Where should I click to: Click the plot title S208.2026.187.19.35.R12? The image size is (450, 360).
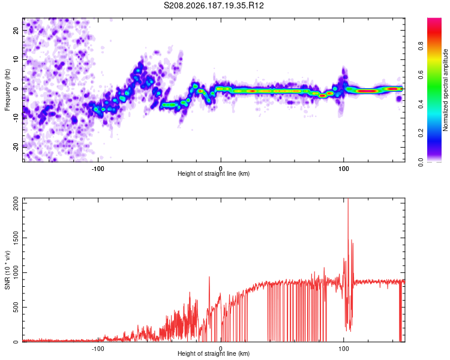pyautogui.click(x=214, y=5)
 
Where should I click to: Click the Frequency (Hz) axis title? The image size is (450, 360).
pyautogui.click(x=7, y=90)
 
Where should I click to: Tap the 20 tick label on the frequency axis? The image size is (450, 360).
pyautogui.click(x=16, y=31)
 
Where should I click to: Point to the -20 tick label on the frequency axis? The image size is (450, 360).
pyautogui.click(x=16, y=147)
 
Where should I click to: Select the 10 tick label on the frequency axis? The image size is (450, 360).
pyautogui.click(x=16, y=60)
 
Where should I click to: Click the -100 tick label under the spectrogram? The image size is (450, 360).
pyautogui.click(x=98, y=169)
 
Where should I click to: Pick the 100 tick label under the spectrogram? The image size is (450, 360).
pyautogui.click(x=344, y=169)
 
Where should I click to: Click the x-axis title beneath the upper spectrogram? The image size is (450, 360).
pyautogui.click(x=214, y=173)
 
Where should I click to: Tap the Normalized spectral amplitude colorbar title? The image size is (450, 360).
pyautogui.click(x=445, y=90)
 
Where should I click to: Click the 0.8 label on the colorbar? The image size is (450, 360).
pyautogui.click(x=421, y=46)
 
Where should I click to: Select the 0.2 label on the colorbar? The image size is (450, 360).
pyautogui.click(x=421, y=133)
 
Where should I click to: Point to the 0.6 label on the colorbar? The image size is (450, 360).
pyautogui.click(x=421, y=75)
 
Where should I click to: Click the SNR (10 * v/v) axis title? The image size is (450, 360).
pyautogui.click(x=7, y=270)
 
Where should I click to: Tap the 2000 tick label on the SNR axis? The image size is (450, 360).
pyautogui.click(x=16, y=203)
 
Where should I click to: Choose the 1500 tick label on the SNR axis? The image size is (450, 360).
pyautogui.click(x=16, y=238)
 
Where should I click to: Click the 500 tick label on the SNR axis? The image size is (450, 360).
pyautogui.click(x=16, y=307)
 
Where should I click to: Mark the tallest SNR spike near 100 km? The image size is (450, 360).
pyautogui.click(x=348, y=199)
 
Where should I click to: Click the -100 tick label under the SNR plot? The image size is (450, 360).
pyautogui.click(x=98, y=349)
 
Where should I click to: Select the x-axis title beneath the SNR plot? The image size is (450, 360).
pyautogui.click(x=214, y=353)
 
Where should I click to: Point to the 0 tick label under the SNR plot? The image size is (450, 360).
pyautogui.click(x=221, y=349)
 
